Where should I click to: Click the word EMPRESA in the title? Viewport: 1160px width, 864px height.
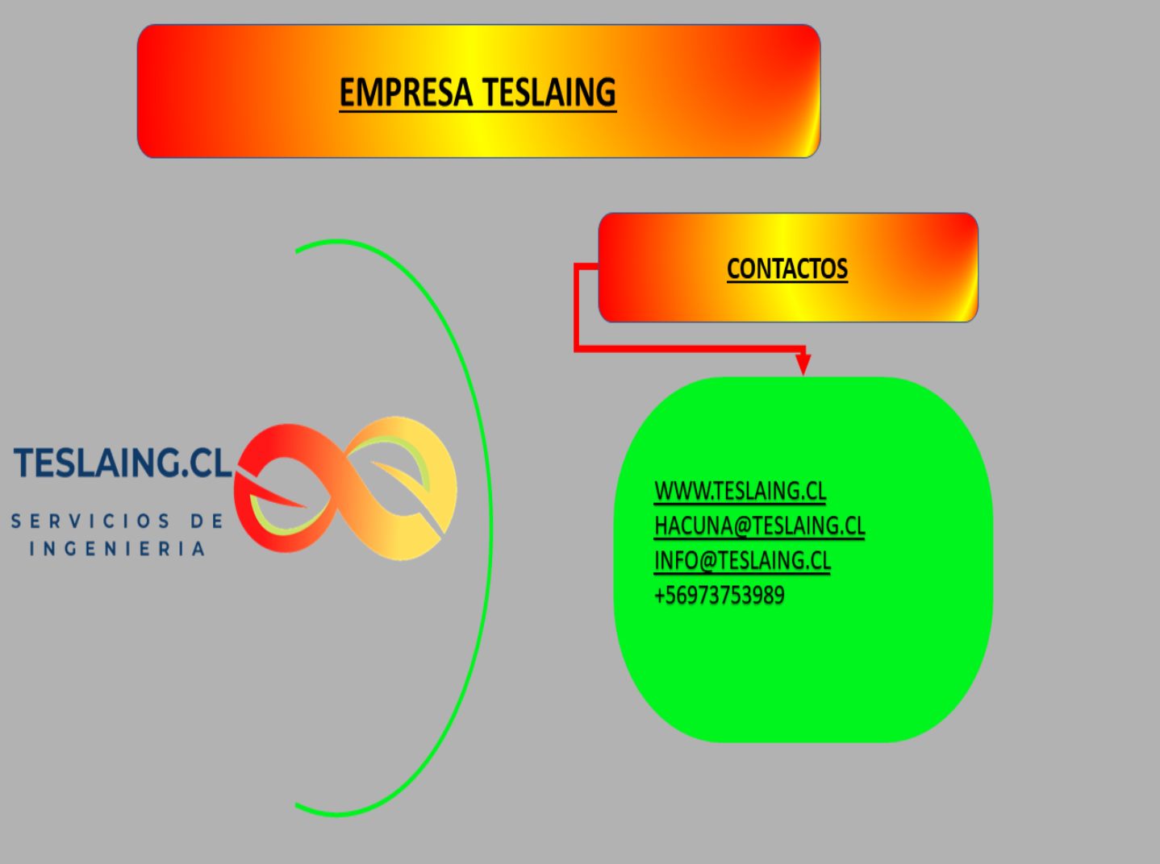tap(404, 93)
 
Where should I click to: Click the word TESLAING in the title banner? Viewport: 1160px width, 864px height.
tap(549, 93)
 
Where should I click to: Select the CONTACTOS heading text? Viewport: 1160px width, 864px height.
tap(787, 268)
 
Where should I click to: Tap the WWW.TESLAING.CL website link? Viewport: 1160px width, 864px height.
tap(740, 491)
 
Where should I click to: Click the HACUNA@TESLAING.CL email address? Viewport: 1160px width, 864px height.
tap(759, 525)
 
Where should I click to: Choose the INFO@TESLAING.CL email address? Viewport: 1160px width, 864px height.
tap(742, 560)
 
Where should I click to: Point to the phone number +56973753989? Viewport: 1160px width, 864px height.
tap(719, 596)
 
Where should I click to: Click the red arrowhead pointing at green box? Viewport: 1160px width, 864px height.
tap(803, 363)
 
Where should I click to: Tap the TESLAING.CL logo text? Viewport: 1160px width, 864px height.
tap(123, 463)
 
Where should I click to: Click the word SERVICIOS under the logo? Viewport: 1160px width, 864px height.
tap(90, 521)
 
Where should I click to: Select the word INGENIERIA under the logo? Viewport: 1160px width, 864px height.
tap(118, 549)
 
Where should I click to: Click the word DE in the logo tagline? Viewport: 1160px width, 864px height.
tap(207, 521)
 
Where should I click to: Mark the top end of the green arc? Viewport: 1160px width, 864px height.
tap(298, 251)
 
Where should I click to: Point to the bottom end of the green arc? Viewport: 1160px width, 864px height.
tap(298, 805)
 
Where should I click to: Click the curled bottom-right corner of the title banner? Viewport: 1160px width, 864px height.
tap(810, 145)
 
